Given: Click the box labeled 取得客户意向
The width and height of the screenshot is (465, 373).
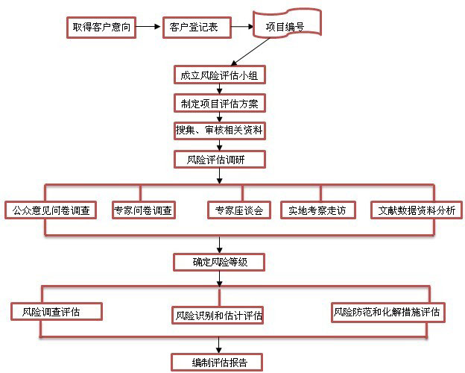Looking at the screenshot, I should click(x=103, y=28).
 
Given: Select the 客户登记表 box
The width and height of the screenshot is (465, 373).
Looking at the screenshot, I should click(x=194, y=28).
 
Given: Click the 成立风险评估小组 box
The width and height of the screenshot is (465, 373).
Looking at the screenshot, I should click(x=218, y=75).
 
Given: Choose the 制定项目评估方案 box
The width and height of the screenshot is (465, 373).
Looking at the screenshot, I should click(x=218, y=102).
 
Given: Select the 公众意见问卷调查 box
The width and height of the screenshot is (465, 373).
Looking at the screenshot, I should click(x=50, y=210).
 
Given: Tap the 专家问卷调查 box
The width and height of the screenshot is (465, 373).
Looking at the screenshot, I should click(x=143, y=210).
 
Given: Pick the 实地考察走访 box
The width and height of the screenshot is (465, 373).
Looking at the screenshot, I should click(x=317, y=210).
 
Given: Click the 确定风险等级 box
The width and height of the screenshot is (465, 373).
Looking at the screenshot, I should click(x=218, y=262).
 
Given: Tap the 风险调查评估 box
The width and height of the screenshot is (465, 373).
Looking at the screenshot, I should click(x=56, y=310).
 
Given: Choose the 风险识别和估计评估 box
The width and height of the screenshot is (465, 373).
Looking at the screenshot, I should click(x=218, y=315).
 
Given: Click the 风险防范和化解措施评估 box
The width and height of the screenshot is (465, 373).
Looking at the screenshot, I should click(x=387, y=312).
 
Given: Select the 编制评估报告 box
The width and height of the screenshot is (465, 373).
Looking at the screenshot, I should click(x=217, y=363).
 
